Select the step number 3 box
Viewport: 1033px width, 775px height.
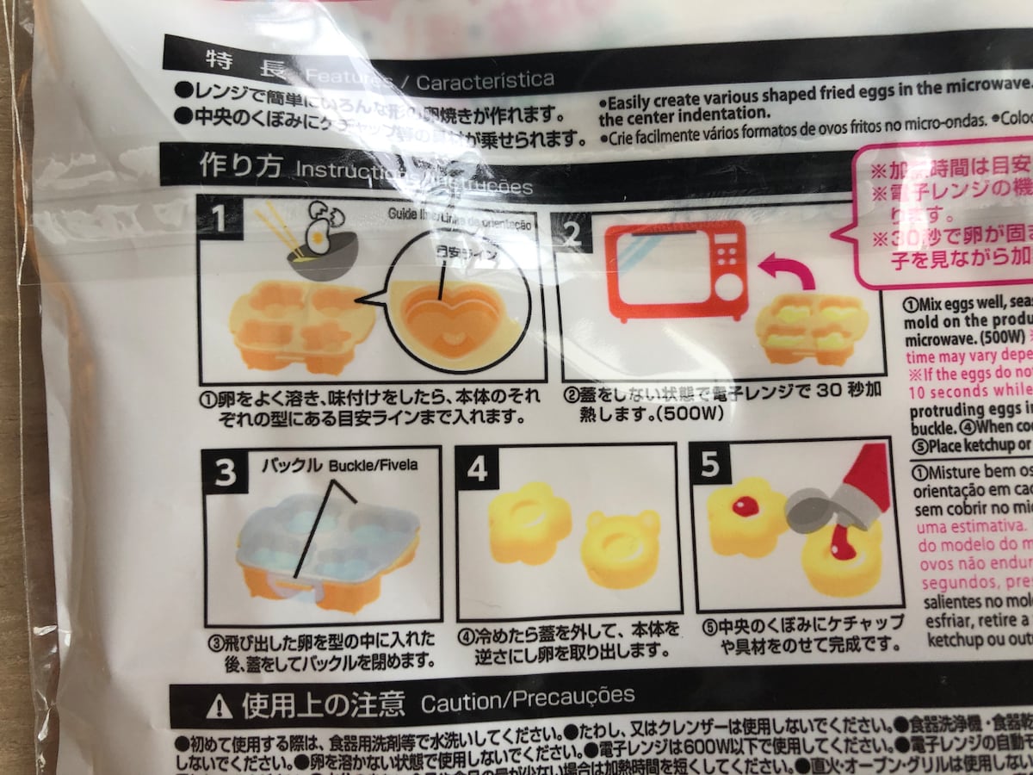point(226,473)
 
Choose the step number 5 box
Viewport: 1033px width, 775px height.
point(711,466)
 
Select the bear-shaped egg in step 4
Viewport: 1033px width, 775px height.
point(621,548)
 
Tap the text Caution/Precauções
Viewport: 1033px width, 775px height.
point(528,698)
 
